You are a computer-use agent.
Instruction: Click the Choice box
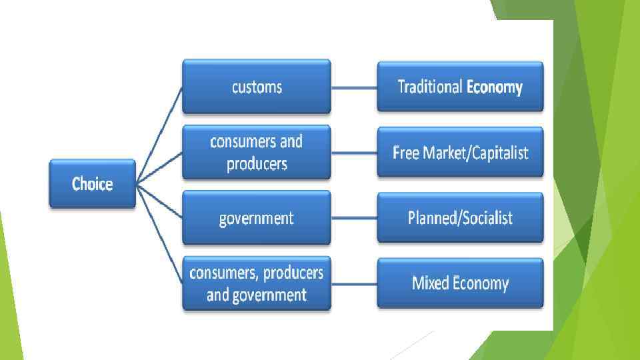92,184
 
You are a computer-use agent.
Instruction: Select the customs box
257,87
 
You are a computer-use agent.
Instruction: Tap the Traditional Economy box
460,87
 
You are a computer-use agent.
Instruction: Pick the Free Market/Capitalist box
460,153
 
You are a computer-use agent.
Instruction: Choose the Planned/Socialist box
460,218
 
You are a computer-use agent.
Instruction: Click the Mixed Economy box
460,283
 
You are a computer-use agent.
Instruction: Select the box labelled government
257,218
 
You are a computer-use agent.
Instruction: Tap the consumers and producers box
257,153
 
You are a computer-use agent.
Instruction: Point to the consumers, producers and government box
257,283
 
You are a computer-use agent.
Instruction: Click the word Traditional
430,87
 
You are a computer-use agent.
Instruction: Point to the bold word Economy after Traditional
495,87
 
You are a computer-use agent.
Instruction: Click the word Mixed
431,283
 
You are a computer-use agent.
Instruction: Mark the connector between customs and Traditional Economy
354,87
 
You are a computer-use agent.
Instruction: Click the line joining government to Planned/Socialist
354,218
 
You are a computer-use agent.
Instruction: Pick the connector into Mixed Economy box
354,283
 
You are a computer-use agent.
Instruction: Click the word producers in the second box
257,164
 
